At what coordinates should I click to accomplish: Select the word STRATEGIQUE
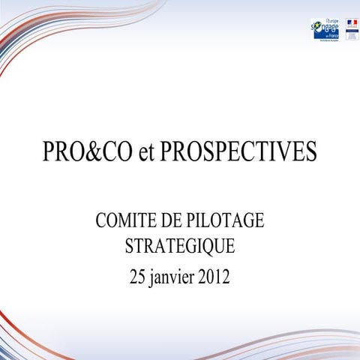click(180, 246)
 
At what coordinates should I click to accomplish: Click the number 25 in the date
click(138, 277)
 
